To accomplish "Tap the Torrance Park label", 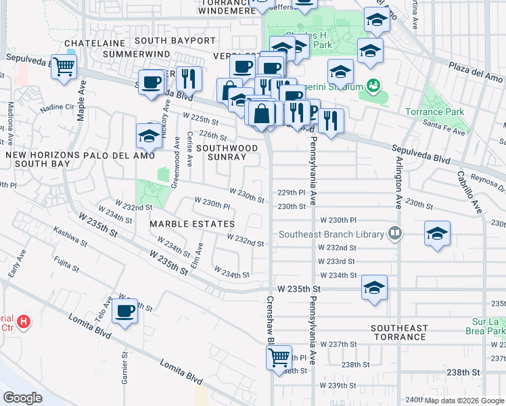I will pos(444,111).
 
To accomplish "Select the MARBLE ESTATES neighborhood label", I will pos(192,224).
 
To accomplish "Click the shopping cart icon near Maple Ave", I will pos(64,67).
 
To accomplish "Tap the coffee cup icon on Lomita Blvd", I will pos(124,311).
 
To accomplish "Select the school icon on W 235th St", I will pos(374,288).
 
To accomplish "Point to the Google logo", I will pos(23,397).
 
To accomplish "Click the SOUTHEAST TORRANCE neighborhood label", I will pos(399,332).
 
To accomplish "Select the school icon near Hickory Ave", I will pos(149,137).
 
